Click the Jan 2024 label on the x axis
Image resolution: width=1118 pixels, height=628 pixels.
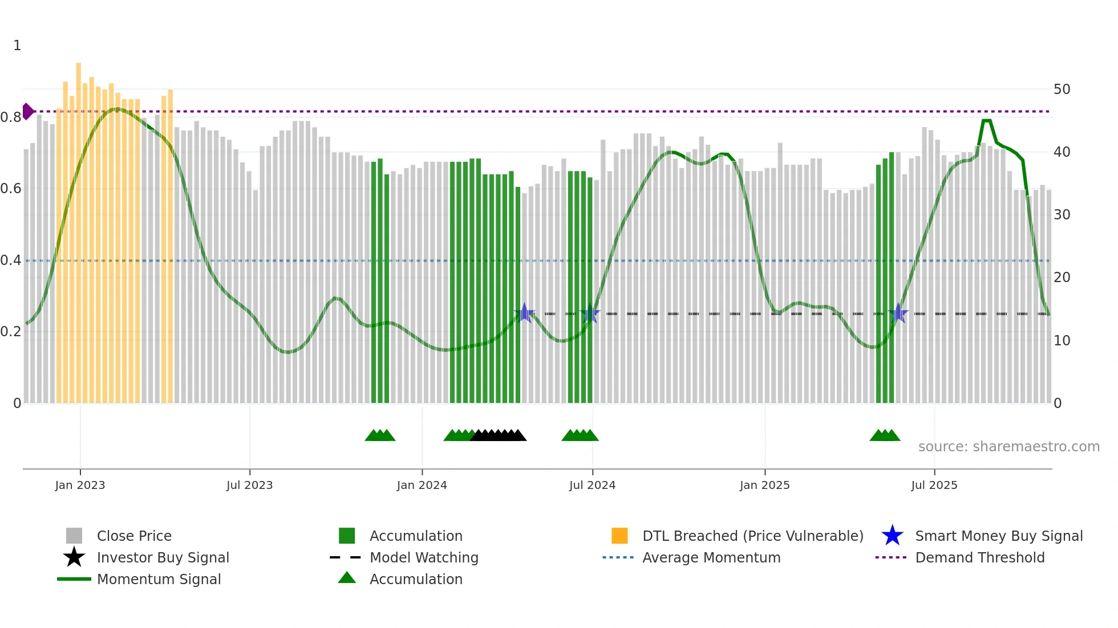(x=422, y=485)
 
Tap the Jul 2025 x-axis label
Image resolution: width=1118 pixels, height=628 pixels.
(x=934, y=485)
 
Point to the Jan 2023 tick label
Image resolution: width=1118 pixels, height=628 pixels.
(x=80, y=485)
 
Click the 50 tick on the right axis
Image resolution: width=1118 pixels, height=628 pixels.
(x=1062, y=89)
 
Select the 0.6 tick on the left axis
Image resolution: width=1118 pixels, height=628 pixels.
(x=11, y=189)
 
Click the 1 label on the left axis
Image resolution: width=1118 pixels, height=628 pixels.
(x=17, y=46)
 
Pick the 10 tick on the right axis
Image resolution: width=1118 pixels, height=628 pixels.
(x=1062, y=341)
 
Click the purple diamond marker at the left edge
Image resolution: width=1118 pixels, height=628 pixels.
(x=27, y=111)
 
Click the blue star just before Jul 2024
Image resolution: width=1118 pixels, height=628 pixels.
(x=590, y=314)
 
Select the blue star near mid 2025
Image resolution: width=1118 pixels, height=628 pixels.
(x=898, y=313)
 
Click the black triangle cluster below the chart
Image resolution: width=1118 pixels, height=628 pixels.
(x=498, y=435)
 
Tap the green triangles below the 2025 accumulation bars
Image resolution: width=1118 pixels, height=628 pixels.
(x=885, y=435)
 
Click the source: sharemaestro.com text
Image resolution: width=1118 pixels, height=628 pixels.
(x=1008, y=447)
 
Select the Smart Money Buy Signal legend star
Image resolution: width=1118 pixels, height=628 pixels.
(x=892, y=536)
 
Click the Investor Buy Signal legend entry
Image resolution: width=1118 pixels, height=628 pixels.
(x=163, y=557)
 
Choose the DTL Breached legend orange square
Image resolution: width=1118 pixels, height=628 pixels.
(x=619, y=536)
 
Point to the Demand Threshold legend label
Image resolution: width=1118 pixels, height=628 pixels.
(x=979, y=557)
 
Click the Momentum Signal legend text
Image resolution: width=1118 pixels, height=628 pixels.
(x=159, y=579)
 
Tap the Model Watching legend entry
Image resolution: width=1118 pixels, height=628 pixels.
(x=424, y=557)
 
